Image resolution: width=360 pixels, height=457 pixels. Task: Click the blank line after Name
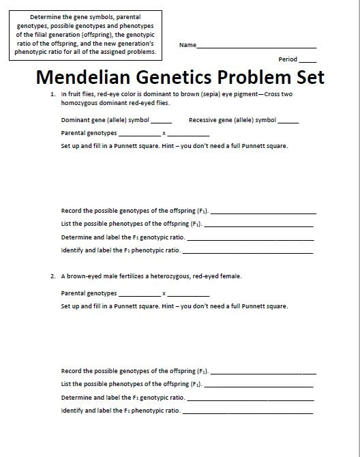(256, 46)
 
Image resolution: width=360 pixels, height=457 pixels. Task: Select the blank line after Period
(307, 61)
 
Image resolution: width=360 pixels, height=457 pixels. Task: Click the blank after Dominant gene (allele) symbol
(161, 121)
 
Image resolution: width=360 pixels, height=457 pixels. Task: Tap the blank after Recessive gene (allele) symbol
(288, 121)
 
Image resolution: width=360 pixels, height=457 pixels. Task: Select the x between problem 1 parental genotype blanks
(164, 133)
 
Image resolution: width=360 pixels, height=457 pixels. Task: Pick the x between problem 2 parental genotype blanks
(164, 293)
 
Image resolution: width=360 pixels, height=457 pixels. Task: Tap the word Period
(288, 59)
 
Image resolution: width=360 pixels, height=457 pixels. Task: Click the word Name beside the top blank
(187, 45)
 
